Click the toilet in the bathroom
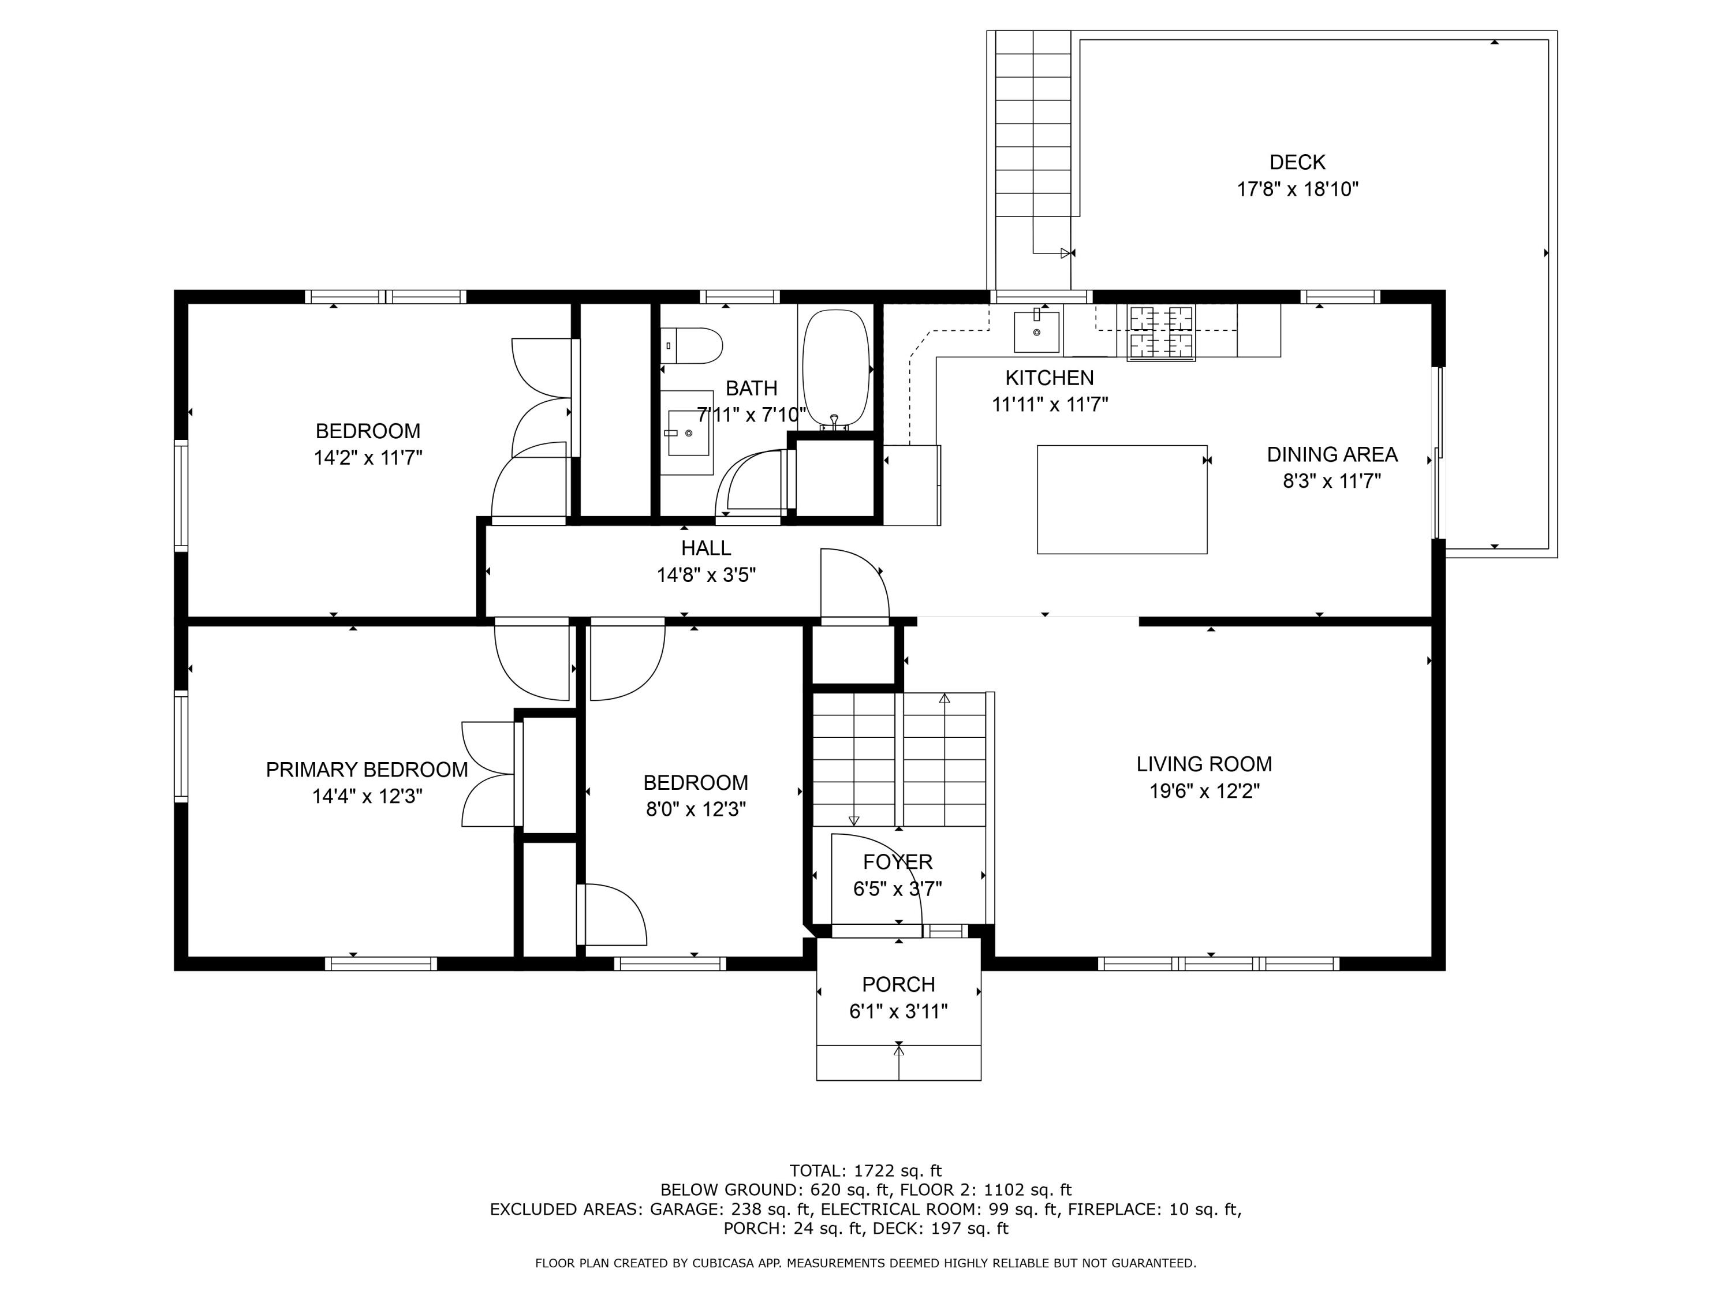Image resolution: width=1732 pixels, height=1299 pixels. [x=690, y=346]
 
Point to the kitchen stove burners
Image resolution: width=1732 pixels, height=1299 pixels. [x=1161, y=333]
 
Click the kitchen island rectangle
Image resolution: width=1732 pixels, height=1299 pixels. [x=1122, y=499]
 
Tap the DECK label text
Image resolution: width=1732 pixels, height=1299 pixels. [x=1297, y=162]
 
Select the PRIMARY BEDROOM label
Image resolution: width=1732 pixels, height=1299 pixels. [x=367, y=770]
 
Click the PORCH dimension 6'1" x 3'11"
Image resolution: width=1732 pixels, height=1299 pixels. [x=898, y=1011]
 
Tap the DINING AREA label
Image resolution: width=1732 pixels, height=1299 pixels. [x=1332, y=454]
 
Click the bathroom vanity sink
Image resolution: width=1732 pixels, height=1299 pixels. [x=686, y=433]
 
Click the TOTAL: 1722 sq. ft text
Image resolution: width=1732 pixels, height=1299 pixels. [x=865, y=1171]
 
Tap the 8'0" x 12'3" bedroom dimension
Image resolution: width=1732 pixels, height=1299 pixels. [x=695, y=809]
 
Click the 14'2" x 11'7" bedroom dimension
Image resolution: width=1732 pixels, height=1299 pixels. [x=368, y=457]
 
